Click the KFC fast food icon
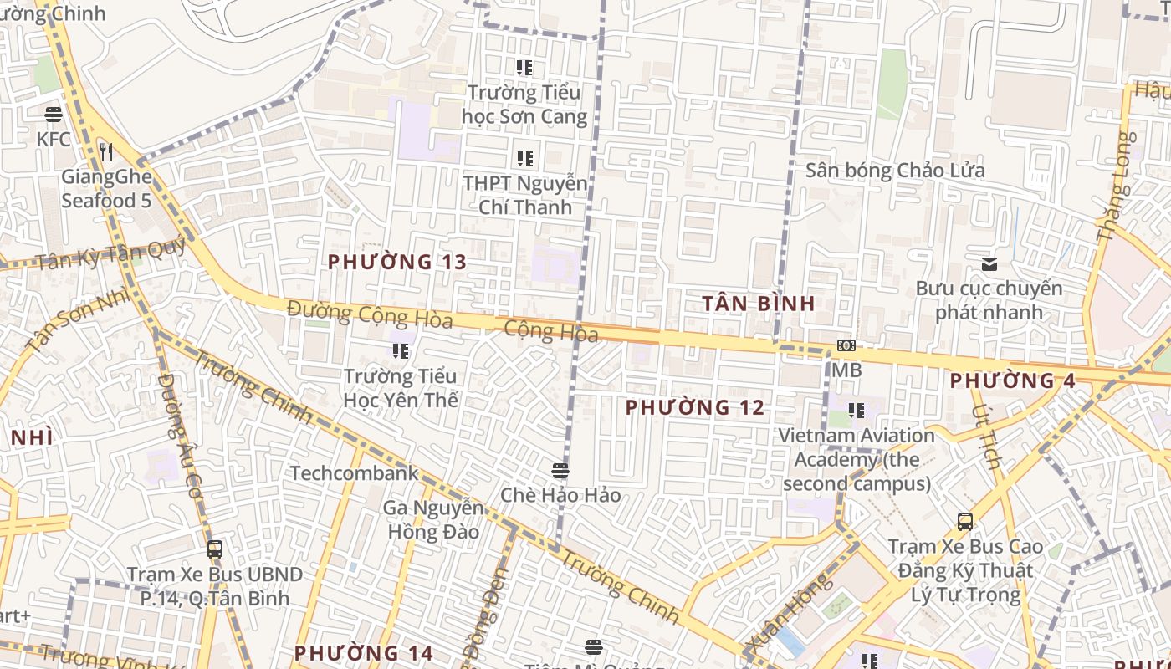54,114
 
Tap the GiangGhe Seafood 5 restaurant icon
105,151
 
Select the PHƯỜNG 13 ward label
396,262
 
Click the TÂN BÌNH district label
758,303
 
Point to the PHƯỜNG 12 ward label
694,407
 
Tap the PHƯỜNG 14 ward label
363,652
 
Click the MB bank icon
846,345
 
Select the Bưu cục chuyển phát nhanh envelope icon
989,264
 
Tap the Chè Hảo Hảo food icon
560,471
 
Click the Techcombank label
354,473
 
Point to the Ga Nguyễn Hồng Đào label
432,519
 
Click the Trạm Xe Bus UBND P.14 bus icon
215,549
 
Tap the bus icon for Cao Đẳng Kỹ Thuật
965,522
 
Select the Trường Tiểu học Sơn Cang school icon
524,68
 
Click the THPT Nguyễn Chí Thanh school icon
525,158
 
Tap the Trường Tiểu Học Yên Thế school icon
401,351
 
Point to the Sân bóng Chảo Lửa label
895,171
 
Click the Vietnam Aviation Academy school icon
857,411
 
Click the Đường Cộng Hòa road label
369,314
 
